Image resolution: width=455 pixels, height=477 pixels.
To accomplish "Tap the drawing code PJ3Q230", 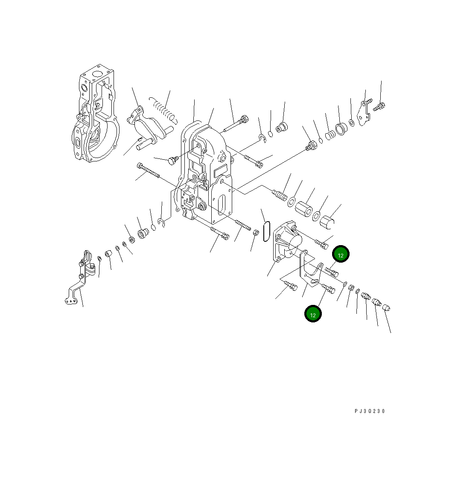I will [370, 411].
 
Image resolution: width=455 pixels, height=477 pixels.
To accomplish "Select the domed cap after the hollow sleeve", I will [328, 222].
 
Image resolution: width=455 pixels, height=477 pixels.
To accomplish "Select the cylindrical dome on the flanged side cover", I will [294, 244].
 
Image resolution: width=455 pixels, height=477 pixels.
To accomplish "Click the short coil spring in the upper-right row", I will [330, 135].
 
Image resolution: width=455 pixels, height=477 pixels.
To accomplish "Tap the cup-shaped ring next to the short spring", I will [341, 129].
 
